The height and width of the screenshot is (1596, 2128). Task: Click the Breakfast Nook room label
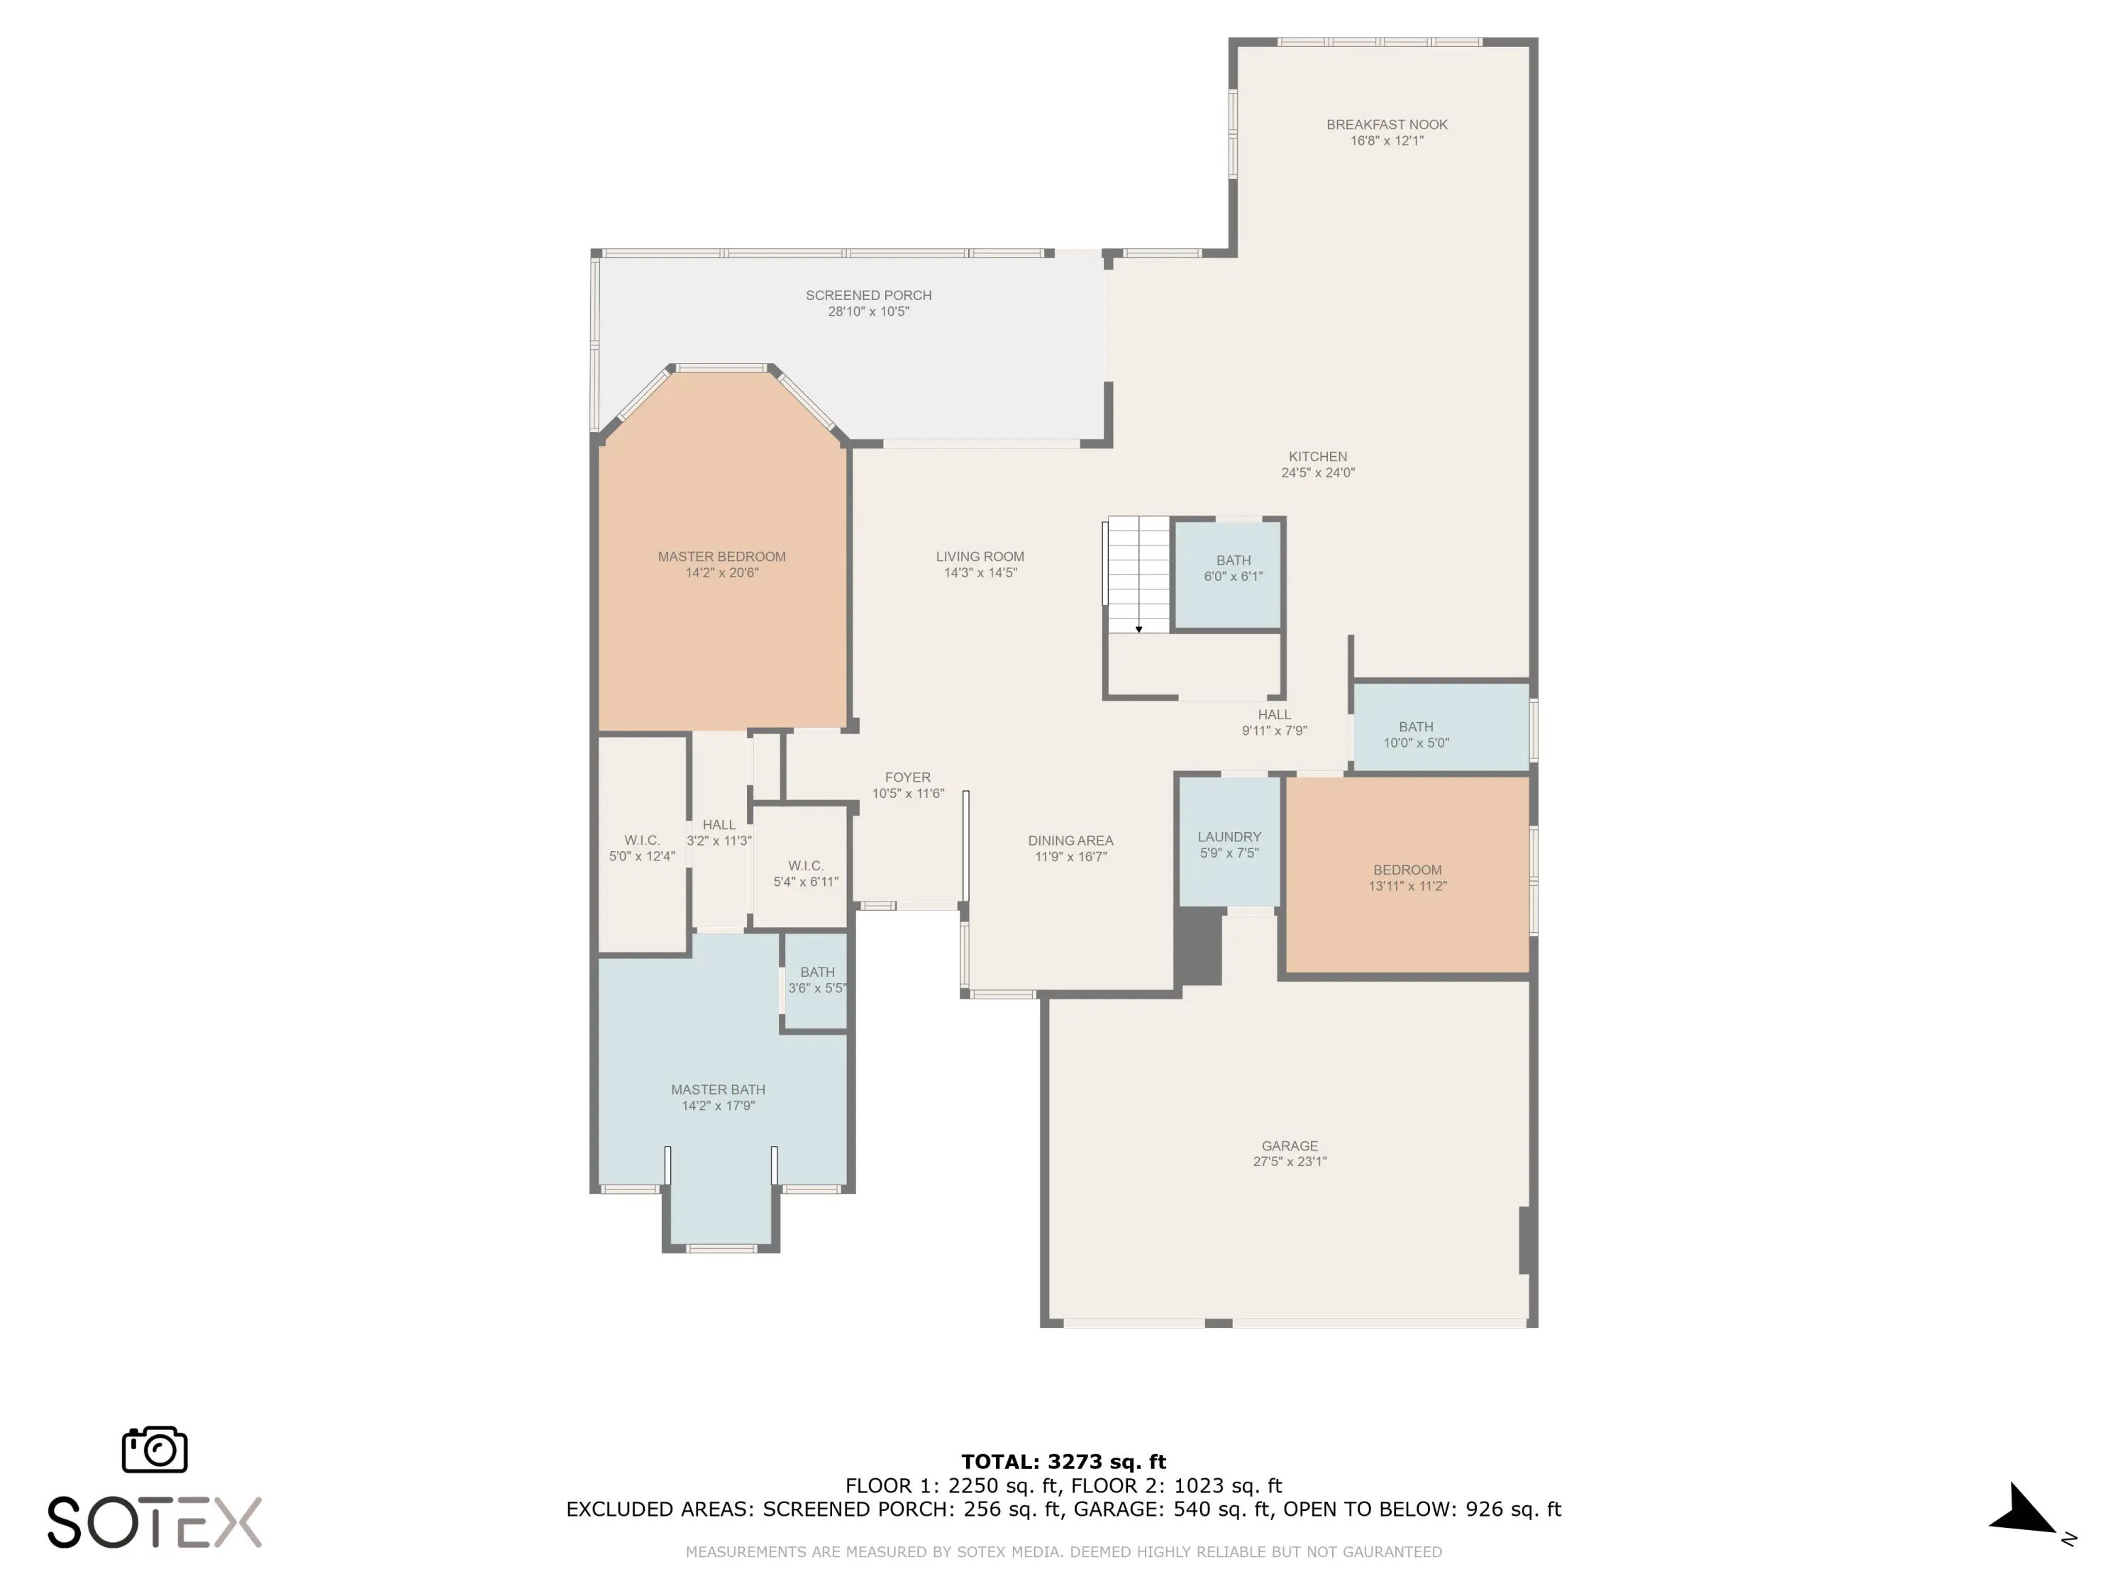[x=1386, y=124]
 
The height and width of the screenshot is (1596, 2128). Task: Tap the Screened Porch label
[x=869, y=295]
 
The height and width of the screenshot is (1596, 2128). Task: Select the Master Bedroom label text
[x=721, y=556]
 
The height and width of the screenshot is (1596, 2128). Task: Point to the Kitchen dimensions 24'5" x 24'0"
[x=1318, y=472]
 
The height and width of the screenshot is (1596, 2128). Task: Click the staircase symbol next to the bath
[x=1138, y=575]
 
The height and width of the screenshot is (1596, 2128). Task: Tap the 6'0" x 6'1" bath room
[x=1229, y=575]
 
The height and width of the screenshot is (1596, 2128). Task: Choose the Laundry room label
[x=1229, y=837]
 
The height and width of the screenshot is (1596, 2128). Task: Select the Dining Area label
[x=1070, y=841]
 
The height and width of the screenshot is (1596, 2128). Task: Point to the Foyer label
[x=908, y=777]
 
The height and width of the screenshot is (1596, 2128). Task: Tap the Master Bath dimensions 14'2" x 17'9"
[x=719, y=1105]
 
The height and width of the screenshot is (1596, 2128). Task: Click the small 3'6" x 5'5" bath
[x=816, y=980]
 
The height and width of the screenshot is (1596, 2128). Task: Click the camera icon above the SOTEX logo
[x=155, y=1448]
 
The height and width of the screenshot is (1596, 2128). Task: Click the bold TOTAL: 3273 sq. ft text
[x=1063, y=1462]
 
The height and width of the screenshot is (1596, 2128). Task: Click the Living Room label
[x=980, y=556]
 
